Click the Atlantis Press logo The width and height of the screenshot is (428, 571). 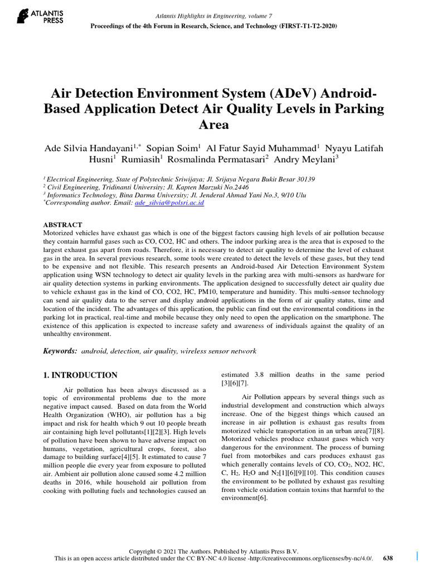[40, 16]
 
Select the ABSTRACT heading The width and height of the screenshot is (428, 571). [63, 225]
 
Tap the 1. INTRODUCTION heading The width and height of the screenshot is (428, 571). [80, 375]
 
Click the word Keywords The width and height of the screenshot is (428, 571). [60, 351]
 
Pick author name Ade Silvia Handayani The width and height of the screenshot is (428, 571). [89, 148]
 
